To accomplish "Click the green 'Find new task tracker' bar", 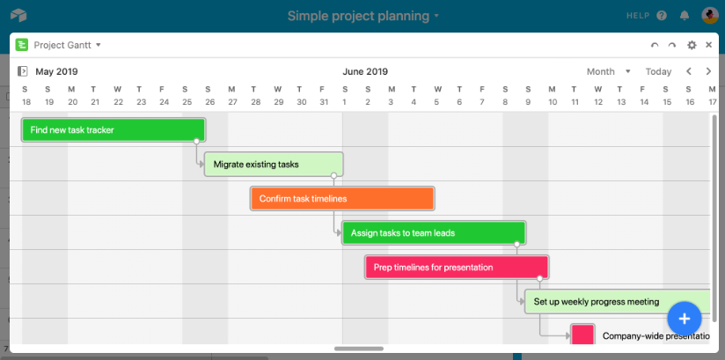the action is (x=114, y=130).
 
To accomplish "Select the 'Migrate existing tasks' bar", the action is (x=274, y=165).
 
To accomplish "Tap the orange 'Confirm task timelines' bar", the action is (x=342, y=199).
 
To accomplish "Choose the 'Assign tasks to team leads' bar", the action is (x=434, y=232).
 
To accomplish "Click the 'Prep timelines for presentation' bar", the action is (x=457, y=268).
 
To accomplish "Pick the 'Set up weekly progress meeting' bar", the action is (x=618, y=302).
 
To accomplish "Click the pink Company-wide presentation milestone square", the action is (x=582, y=334).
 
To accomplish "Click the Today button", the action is (x=658, y=71).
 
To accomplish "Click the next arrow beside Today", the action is (x=708, y=71).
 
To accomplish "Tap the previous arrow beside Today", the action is (x=688, y=71).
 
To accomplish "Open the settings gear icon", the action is (x=692, y=45).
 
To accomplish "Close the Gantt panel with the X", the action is (x=708, y=45).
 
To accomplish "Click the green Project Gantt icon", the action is (x=22, y=44).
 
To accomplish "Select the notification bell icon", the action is (x=685, y=16).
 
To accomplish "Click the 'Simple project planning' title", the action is (x=358, y=16).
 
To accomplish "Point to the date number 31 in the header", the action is (x=325, y=102).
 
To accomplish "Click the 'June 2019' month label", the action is (x=365, y=71).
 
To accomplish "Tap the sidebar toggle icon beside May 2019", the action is (x=22, y=71).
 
